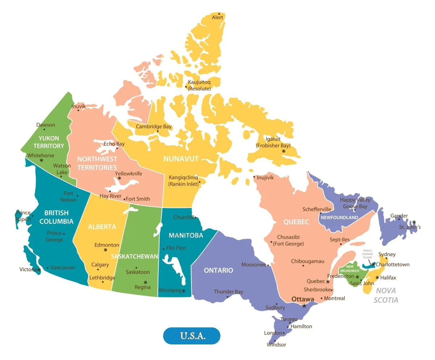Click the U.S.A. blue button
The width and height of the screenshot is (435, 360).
point(192,336)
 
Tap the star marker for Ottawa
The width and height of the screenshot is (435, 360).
point(304,306)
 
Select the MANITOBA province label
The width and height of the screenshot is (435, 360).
point(186,235)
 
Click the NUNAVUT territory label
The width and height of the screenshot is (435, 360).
point(181,159)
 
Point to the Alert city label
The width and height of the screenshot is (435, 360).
point(217,17)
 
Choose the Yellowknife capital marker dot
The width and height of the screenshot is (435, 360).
point(119,178)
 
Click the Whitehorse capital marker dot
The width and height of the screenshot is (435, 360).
point(41,160)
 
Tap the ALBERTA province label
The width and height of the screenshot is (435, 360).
point(102,227)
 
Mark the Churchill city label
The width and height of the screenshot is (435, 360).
point(184,217)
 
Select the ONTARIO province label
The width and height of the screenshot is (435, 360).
point(218,270)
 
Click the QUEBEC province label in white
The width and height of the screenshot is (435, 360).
point(296,222)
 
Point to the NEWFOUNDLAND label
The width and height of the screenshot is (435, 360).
point(339,218)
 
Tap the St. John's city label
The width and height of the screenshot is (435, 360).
point(410,227)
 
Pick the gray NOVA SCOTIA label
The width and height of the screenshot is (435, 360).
point(386,295)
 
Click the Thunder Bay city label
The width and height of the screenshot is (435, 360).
point(228,292)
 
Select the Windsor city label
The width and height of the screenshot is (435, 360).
point(276,344)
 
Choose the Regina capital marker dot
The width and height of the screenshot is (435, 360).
point(145,282)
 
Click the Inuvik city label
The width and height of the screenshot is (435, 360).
point(79,106)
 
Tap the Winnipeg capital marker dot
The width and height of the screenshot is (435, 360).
point(183,290)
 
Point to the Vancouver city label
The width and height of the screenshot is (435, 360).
point(63,268)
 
